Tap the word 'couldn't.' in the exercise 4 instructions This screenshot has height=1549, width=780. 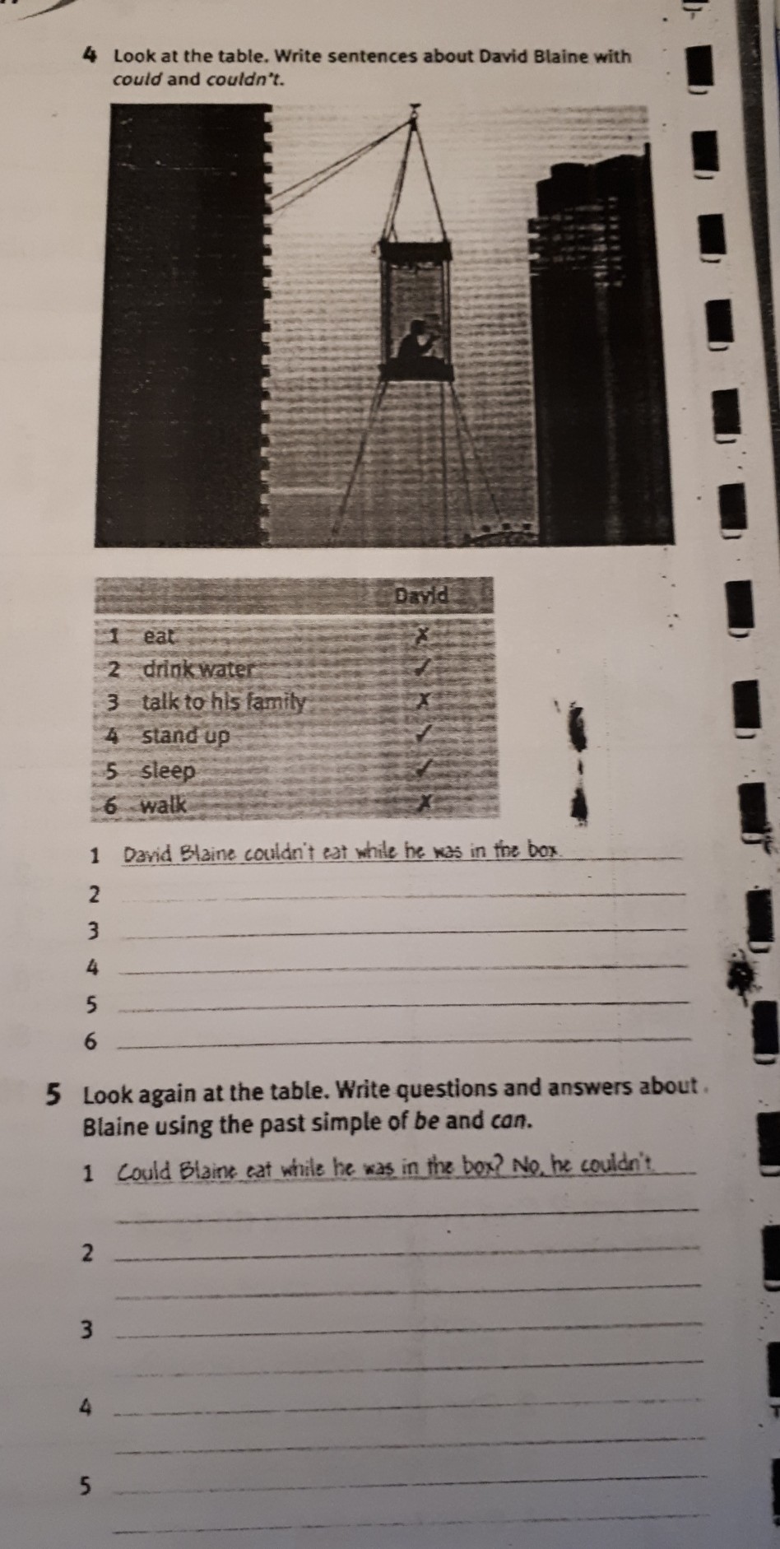(x=245, y=80)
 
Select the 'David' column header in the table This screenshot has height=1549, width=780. (x=422, y=594)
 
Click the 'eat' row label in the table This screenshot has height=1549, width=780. (x=159, y=636)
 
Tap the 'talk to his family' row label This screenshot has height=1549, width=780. (x=224, y=703)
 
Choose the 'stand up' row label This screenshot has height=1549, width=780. (x=185, y=736)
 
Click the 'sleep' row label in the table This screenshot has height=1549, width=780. (x=168, y=771)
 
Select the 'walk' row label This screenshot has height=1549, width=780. (x=163, y=805)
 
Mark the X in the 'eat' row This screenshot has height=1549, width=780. (x=422, y=635)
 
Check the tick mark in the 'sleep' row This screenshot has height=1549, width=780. (x=424, y=770)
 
